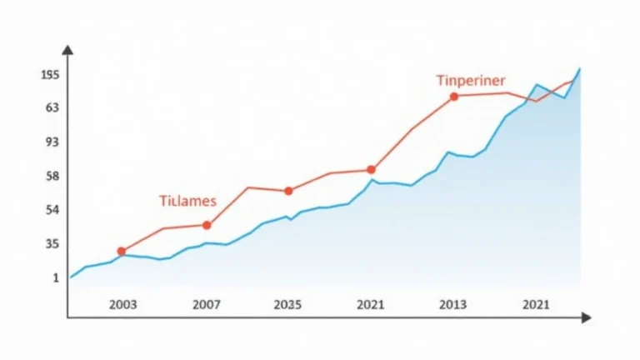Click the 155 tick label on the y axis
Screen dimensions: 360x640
pos(49,75)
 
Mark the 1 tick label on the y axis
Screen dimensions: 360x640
pos(55,278)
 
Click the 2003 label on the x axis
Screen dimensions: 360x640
pos(123,305)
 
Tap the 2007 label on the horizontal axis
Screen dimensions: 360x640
pos(207,305)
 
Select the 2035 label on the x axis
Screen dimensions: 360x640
pos(288,305)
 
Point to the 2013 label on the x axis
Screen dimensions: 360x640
pos(453,305)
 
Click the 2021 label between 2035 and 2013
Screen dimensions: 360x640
pos(370,305)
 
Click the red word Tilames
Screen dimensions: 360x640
pos(187,201)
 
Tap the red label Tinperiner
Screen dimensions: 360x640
pos(470,81)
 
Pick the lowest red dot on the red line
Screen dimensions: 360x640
pos(122,251)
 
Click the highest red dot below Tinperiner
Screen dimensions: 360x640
pos(454,97)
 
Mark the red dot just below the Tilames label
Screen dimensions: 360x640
pos(207,225)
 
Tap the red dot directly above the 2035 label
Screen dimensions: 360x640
pos(288,191)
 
